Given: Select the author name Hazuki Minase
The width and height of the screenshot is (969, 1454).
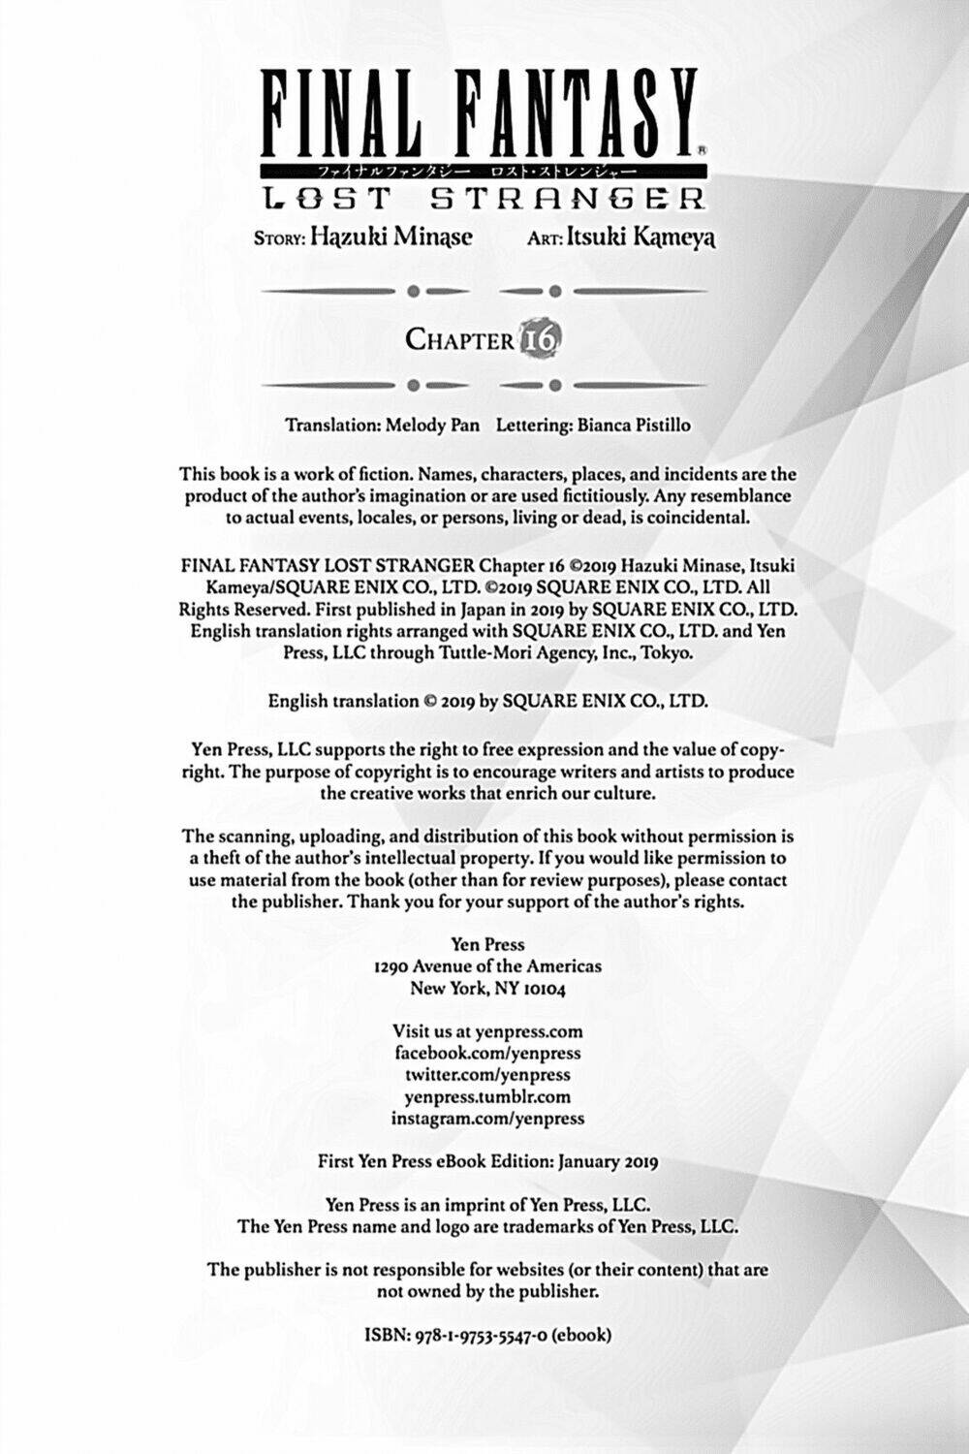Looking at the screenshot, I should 391,238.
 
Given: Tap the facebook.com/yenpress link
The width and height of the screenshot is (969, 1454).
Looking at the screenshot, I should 487,1054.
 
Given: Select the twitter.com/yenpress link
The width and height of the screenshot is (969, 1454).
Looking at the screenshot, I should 487,1075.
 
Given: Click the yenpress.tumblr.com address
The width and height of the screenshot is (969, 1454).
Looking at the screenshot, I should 487,1097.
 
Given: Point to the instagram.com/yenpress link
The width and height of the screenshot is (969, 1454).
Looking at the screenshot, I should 487,1119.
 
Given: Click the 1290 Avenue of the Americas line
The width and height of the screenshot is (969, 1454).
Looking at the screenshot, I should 487,966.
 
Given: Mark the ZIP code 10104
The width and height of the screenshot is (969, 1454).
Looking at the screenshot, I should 539,989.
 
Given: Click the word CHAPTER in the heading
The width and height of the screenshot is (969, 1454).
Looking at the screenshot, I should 459,340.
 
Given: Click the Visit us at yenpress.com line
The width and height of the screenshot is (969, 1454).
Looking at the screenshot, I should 487,1031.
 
